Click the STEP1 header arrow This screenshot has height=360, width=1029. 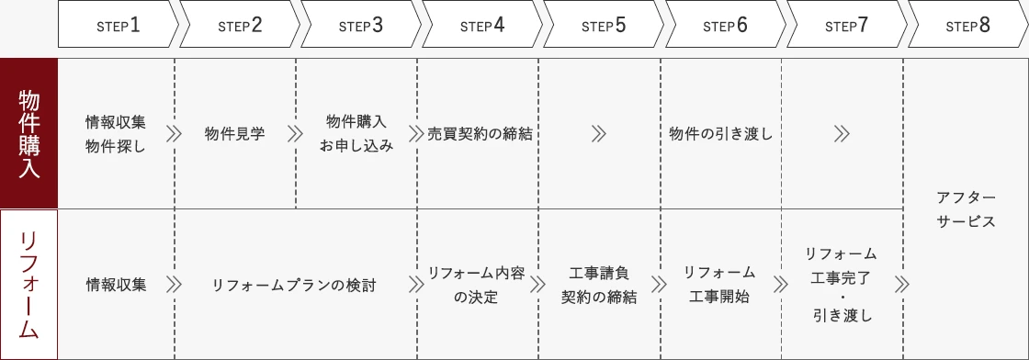[x=118, y=25]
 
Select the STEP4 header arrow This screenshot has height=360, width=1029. [x=481, y=25]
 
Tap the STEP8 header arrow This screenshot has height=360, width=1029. [x=967, y=25]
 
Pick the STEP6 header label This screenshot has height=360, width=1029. [x=725, y=25]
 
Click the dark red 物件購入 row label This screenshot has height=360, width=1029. [x=28, y=133]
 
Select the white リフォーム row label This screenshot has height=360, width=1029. [x=28, y=285]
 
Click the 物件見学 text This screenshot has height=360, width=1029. [x=234, y=134]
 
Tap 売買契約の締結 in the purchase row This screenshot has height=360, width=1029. [x=480, y=134]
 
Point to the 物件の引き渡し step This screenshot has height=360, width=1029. [x=721, y=134]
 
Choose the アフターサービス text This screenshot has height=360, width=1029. [x=966, y=209]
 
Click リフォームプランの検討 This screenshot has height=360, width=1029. [x=294, y=285]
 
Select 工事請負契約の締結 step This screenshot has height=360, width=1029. [x=598, y=285]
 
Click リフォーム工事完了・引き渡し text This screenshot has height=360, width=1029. [x=841, y=285]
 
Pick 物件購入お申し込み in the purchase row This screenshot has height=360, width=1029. [x=356, y=134]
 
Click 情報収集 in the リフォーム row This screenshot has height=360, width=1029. [x=116, y=285]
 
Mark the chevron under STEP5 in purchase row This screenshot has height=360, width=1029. [x=599, y=134]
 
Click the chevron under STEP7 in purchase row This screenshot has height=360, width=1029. [x=842, y=134]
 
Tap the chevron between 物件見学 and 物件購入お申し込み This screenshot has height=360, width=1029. [x=295, y=134]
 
